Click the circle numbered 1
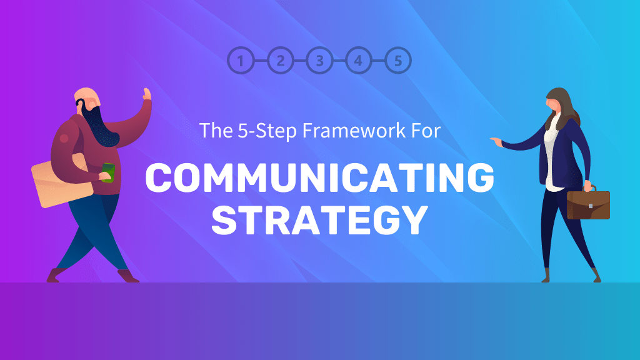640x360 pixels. [x=242, y=61]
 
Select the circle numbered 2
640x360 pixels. [x=281, y=61]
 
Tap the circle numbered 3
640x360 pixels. [x=319, y=61]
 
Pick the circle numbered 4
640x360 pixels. [x=358, y=61]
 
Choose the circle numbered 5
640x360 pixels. [x=398, y=61]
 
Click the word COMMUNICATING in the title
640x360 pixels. [x=319, y=177]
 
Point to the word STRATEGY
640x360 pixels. [x=319, y=218]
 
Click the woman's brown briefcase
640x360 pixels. [x=587, y=204]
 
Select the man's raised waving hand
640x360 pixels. [x=147, y=95]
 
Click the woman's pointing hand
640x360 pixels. [x=497, y=141]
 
